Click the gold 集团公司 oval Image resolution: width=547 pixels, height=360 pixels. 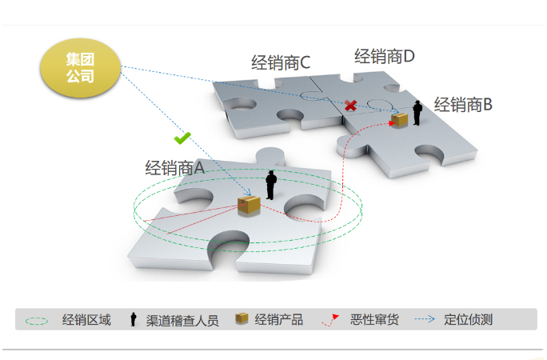(x=80, y=68)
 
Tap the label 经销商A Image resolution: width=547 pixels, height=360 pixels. (x=175, y=168)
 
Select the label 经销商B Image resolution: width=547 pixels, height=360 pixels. (x=463, y=104)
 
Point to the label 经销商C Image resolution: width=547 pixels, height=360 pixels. (x=280, y=62)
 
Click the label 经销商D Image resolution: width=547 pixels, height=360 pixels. (x=385, y=56)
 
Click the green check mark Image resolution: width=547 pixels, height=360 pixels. (x=182, y=138)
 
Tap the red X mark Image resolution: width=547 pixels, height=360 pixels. (x=350, y=106)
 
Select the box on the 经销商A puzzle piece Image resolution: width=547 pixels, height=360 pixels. (x=249, y=205)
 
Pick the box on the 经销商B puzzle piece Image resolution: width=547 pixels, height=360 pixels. (x=398, y=120)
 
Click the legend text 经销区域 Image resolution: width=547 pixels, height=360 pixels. (x=86, y=320)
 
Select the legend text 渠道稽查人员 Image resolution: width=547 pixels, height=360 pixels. (x=182, y=320)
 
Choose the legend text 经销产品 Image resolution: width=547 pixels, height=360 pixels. (x=278, y=320)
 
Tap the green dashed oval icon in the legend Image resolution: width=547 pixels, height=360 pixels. (x=38, y=320)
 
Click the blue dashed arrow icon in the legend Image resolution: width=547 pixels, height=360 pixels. (x=425, y=319)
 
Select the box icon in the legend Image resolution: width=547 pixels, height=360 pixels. (x=241, y=319)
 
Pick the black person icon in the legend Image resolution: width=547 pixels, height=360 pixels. (x=133, y=320)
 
